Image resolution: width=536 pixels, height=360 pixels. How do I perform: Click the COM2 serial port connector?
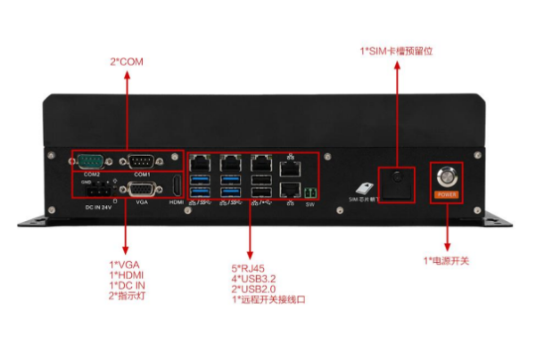click(90, 161)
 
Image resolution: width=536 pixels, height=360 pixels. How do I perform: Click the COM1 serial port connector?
click(141, 161)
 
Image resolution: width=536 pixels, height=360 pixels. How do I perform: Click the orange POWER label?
click(446, 193)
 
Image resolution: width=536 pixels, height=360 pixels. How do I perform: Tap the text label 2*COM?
click(126, 62)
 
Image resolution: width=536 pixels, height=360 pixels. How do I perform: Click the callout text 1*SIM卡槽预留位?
click(395, 52)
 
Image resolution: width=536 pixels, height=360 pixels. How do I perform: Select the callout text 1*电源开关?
click(446, 261)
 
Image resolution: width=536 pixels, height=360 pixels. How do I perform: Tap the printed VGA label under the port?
click(140, 203)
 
